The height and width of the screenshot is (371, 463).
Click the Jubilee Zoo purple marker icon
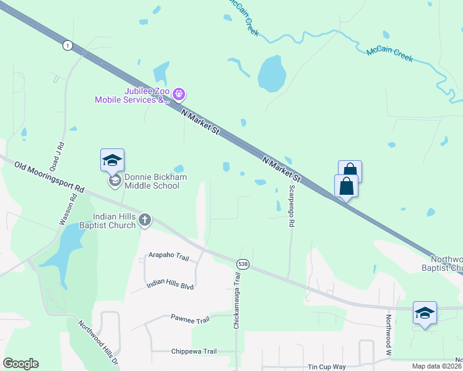coord(179,95)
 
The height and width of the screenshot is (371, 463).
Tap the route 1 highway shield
coord(67,45)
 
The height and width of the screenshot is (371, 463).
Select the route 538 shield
coord(243,263)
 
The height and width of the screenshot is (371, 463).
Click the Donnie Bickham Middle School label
coord(152,181)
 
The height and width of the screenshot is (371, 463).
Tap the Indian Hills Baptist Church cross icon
coord(145,220)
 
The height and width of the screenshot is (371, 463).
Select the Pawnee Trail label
coord(190,319)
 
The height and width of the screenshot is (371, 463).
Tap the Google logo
coord(20,363)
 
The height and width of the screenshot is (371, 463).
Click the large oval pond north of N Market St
coord(272,74)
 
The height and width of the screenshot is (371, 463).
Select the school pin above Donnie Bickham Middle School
coord(113,160)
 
